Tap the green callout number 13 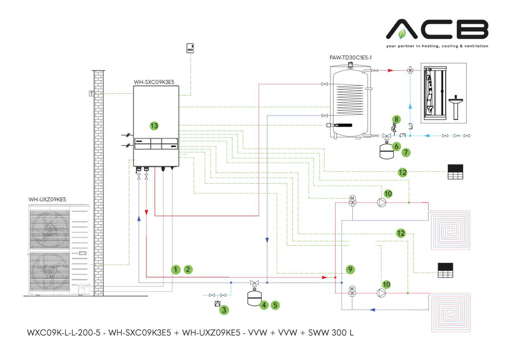click(153, 124)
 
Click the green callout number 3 click(225, 310)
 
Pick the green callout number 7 click(407, 152)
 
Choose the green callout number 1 click(176, 270)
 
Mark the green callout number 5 click(275, 305)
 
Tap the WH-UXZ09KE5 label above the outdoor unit click(48, 199)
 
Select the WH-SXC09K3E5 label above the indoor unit click(153, 82)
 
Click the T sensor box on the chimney click(91, 93)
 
